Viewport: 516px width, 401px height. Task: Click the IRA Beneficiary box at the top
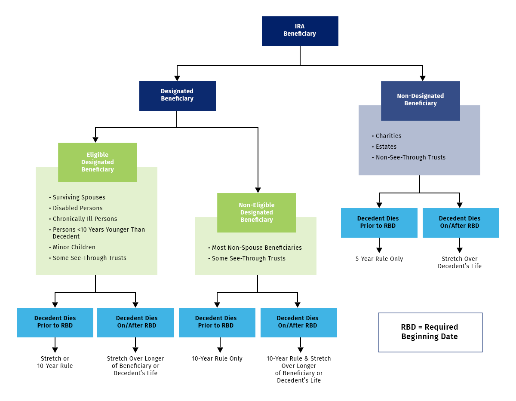tap(300, 31)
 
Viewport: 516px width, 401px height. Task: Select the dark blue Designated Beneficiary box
tap(177, 95)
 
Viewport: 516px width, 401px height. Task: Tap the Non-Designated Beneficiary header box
tap(420, 100)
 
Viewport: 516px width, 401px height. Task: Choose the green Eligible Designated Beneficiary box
tap(98, 162)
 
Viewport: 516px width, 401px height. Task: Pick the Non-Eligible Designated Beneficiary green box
tap(256, 212)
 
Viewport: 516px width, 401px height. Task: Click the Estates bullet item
tap(386, 147)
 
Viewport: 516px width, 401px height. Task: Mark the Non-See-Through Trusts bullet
tap(410, 157)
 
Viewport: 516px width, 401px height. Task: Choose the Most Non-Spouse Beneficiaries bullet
tap(257, 248)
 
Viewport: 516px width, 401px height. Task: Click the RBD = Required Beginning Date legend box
tap(430, 332)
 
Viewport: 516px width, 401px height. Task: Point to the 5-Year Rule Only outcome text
tap(379, 259)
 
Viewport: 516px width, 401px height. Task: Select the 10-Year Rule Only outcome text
tap(217, 358)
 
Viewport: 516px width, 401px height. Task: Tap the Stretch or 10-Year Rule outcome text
tap(55, 362)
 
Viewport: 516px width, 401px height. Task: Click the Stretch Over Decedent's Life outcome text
tap(459, 262)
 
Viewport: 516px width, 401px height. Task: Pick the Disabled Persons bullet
tap(77, 208)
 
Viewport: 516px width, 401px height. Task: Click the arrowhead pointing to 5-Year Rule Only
tap(379, 250)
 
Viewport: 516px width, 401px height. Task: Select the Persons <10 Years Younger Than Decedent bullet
tap(98, 233)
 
